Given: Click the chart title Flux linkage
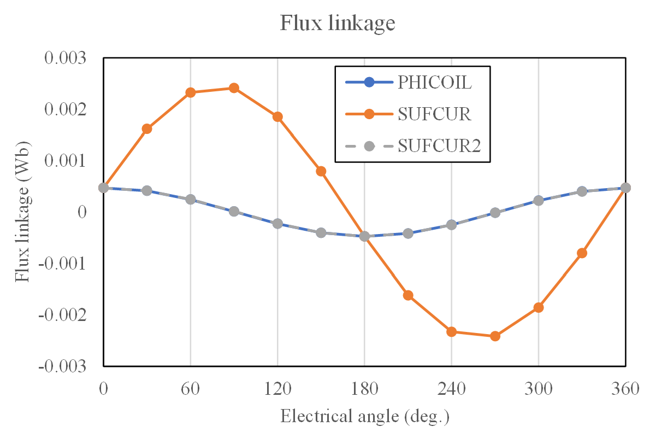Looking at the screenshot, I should [337, 23].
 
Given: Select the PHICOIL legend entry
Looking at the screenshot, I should [434, 83].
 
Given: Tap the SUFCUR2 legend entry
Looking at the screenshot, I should [439, 146].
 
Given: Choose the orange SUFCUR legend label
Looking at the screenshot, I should [434, 114].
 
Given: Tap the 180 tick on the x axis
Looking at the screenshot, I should [365, 389].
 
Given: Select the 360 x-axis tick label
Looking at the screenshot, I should [625, 389].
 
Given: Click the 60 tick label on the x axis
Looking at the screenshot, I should [191, 389].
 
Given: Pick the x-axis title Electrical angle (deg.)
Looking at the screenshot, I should [364, 416].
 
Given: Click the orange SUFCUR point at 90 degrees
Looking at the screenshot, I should [234, 88].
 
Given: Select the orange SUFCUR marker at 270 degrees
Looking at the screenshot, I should [495, 336].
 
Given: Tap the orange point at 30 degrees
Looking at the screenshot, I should [147, 129].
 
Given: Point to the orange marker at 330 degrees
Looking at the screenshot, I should [582, 253].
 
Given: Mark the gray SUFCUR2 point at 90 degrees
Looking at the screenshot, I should [234, 211].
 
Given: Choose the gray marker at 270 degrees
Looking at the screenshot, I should [495, 213].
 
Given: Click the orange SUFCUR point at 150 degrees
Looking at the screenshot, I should [321, 171].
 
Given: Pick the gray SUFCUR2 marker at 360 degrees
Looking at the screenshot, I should [625, 188].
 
